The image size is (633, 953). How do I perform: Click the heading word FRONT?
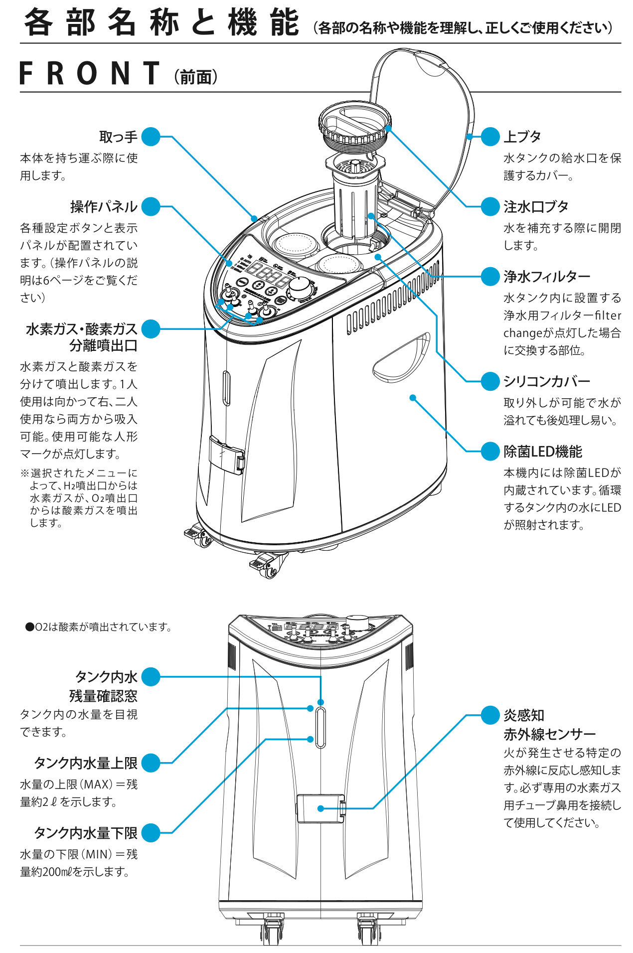[x=90, y=73]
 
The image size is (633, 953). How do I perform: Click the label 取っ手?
[x=118, y=137]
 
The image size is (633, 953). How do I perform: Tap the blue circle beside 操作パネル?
[x=151, y=206]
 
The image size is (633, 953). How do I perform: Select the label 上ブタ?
[x=522, y=137]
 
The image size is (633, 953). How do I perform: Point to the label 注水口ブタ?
[x=536, y=206]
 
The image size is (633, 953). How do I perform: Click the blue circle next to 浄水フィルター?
[x=490, y=277]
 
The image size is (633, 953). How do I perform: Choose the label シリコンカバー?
[x=546, y=381]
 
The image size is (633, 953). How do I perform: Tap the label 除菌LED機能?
[x=542, y=452]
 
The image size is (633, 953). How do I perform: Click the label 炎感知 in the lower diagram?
[x=523, y=715]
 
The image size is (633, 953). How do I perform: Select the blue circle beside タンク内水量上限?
[x=151, y=763]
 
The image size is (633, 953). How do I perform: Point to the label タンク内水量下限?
[x=85, y=833]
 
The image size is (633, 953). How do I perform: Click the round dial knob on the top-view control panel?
[x=300, y=287]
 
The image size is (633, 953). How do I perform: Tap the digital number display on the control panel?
[x=265, y=273]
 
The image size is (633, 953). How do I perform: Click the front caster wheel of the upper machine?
[x=269, y=568]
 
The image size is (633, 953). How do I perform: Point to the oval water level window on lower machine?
[x=320, y=728]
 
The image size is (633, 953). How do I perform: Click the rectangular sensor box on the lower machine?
[x=320, y=808]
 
